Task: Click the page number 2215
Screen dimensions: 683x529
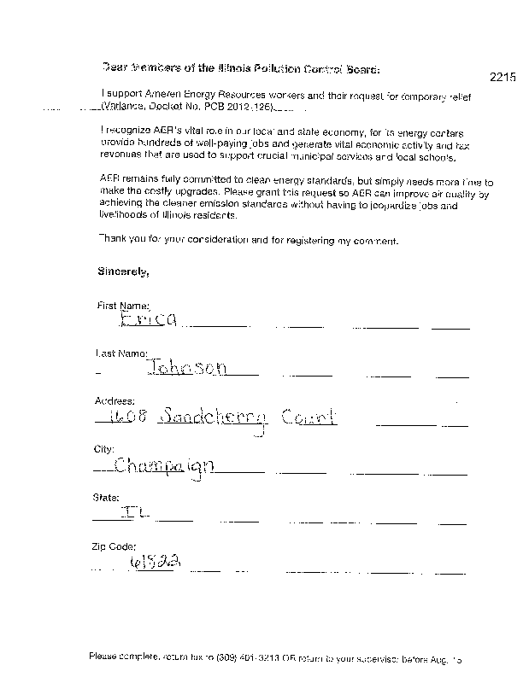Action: (x=503, y=77)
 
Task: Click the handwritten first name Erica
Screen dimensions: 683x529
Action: (x=150, y=319)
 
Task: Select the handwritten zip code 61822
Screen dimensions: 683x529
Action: (x=157, y=562)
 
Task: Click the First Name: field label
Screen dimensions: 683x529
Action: (x=124, y=305)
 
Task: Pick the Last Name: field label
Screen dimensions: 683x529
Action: (x=123, y=353)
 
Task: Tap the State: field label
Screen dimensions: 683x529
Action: (x=106, y=497)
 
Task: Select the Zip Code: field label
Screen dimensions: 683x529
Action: (x=114, y=546)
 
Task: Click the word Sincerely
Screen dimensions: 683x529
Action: (x=124, y=272)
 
